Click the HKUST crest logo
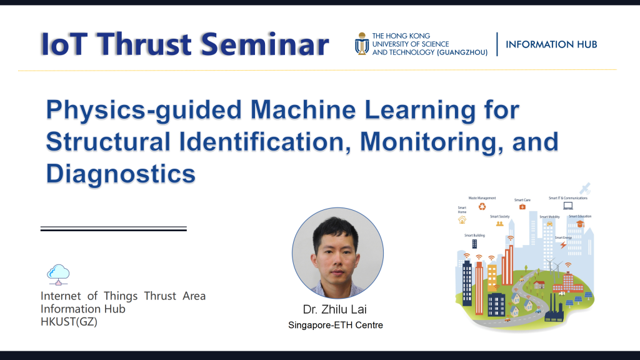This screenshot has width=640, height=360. coord(361,44)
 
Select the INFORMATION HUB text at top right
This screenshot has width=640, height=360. coord(551,44)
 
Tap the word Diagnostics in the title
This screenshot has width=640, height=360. coord(121,173)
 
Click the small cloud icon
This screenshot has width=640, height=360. coord(58,273)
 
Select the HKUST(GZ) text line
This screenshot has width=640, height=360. coord(69,322)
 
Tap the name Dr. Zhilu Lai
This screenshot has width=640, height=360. coord(334,310)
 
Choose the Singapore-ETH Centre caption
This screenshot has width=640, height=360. coord(336,325)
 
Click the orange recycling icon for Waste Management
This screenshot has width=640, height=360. coord(482,206)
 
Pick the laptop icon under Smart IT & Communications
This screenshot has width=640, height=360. coord(567,206)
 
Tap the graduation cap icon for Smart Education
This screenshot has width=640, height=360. coord(580,223)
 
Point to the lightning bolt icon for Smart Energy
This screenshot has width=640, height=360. coord(562,245)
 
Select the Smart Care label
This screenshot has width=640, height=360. coord(522,200)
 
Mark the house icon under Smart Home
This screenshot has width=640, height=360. coord(462,220)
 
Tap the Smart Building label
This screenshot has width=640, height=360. coord(474,236)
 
